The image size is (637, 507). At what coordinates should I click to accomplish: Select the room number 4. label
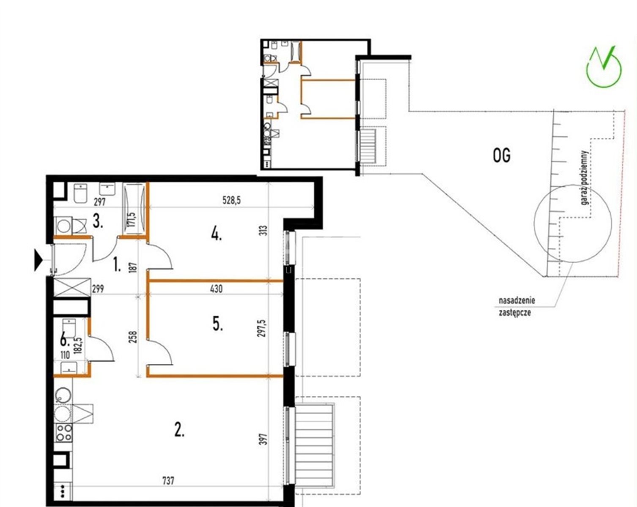217,235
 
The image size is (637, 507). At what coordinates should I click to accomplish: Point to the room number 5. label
217,324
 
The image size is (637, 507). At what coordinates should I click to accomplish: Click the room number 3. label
98,221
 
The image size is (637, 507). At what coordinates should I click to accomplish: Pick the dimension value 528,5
231,200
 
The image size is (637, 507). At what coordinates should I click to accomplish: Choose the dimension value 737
168,480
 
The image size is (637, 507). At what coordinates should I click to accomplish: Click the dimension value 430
217,289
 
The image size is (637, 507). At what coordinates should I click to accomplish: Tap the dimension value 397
264,439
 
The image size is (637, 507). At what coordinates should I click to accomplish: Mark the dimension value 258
134,337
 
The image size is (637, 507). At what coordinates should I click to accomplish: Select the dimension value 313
264,231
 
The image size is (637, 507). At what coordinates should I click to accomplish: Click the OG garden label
501,155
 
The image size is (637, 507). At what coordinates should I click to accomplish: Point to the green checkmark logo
604,66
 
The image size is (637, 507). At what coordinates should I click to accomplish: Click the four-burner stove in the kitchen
64,433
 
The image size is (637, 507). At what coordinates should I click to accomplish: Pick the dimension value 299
98,289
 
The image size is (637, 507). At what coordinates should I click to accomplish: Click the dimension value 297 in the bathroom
100,202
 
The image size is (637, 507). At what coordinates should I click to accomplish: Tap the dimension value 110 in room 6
65,355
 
